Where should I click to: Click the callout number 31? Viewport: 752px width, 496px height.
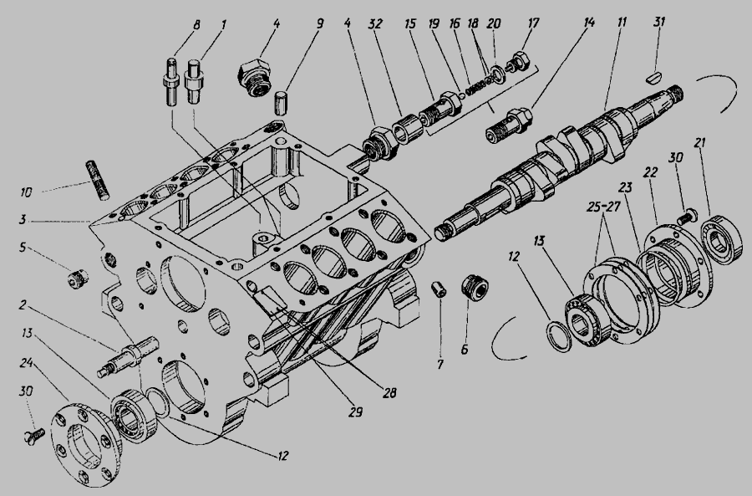click(660, 22)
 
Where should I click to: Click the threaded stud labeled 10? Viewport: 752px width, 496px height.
click(98, 180)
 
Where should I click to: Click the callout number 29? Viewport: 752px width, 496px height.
click(355, 412)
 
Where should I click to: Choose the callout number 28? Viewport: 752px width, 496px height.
click(389, 393)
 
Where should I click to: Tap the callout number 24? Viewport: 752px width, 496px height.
click(26, 364)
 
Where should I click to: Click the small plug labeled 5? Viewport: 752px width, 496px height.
click(77, 279)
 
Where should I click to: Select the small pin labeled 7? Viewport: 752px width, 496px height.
click(439, 289)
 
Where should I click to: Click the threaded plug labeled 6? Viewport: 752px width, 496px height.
click(475, 288)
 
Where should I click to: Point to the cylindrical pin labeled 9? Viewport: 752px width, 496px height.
click(281, 102)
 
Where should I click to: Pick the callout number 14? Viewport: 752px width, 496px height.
click(588, 23)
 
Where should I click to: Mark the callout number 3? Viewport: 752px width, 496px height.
click(22, 220)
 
